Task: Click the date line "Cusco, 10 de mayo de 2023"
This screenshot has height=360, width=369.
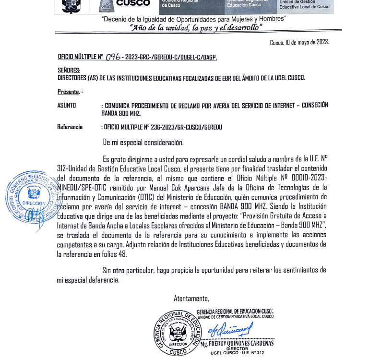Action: click(x=299, y=42)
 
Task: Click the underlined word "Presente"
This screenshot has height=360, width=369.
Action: click(x=68, y=92)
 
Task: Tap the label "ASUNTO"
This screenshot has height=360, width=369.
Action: click(x=67, y=105)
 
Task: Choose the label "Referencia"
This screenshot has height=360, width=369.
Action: click(x=70, y=127)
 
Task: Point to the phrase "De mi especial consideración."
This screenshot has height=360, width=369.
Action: click(x=143, y=142)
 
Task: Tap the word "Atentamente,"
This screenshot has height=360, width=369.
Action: click(x=191, y=298)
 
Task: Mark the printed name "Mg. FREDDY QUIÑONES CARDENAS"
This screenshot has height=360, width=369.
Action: click(x=237, y=343)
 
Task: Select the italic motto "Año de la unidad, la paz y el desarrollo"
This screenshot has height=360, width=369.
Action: click(x=195, y=27)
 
